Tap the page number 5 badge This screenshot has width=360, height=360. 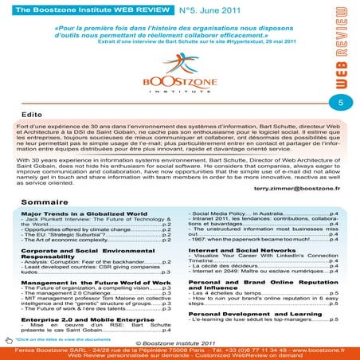point(340,104)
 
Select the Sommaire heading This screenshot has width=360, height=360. point(45,203)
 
